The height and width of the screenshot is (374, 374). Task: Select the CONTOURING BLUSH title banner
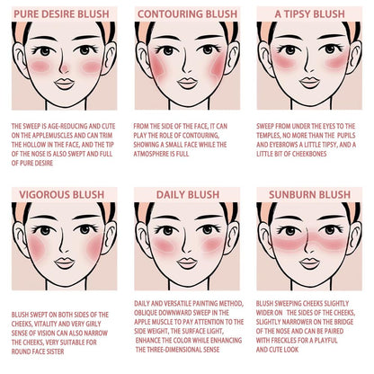(x=186, y=14)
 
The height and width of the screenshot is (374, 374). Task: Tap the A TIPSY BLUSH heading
(x=309, y=14)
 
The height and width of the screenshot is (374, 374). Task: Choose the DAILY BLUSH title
(x=186, y=193)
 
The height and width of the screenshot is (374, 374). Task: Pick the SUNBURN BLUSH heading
(x=309, y=193)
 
